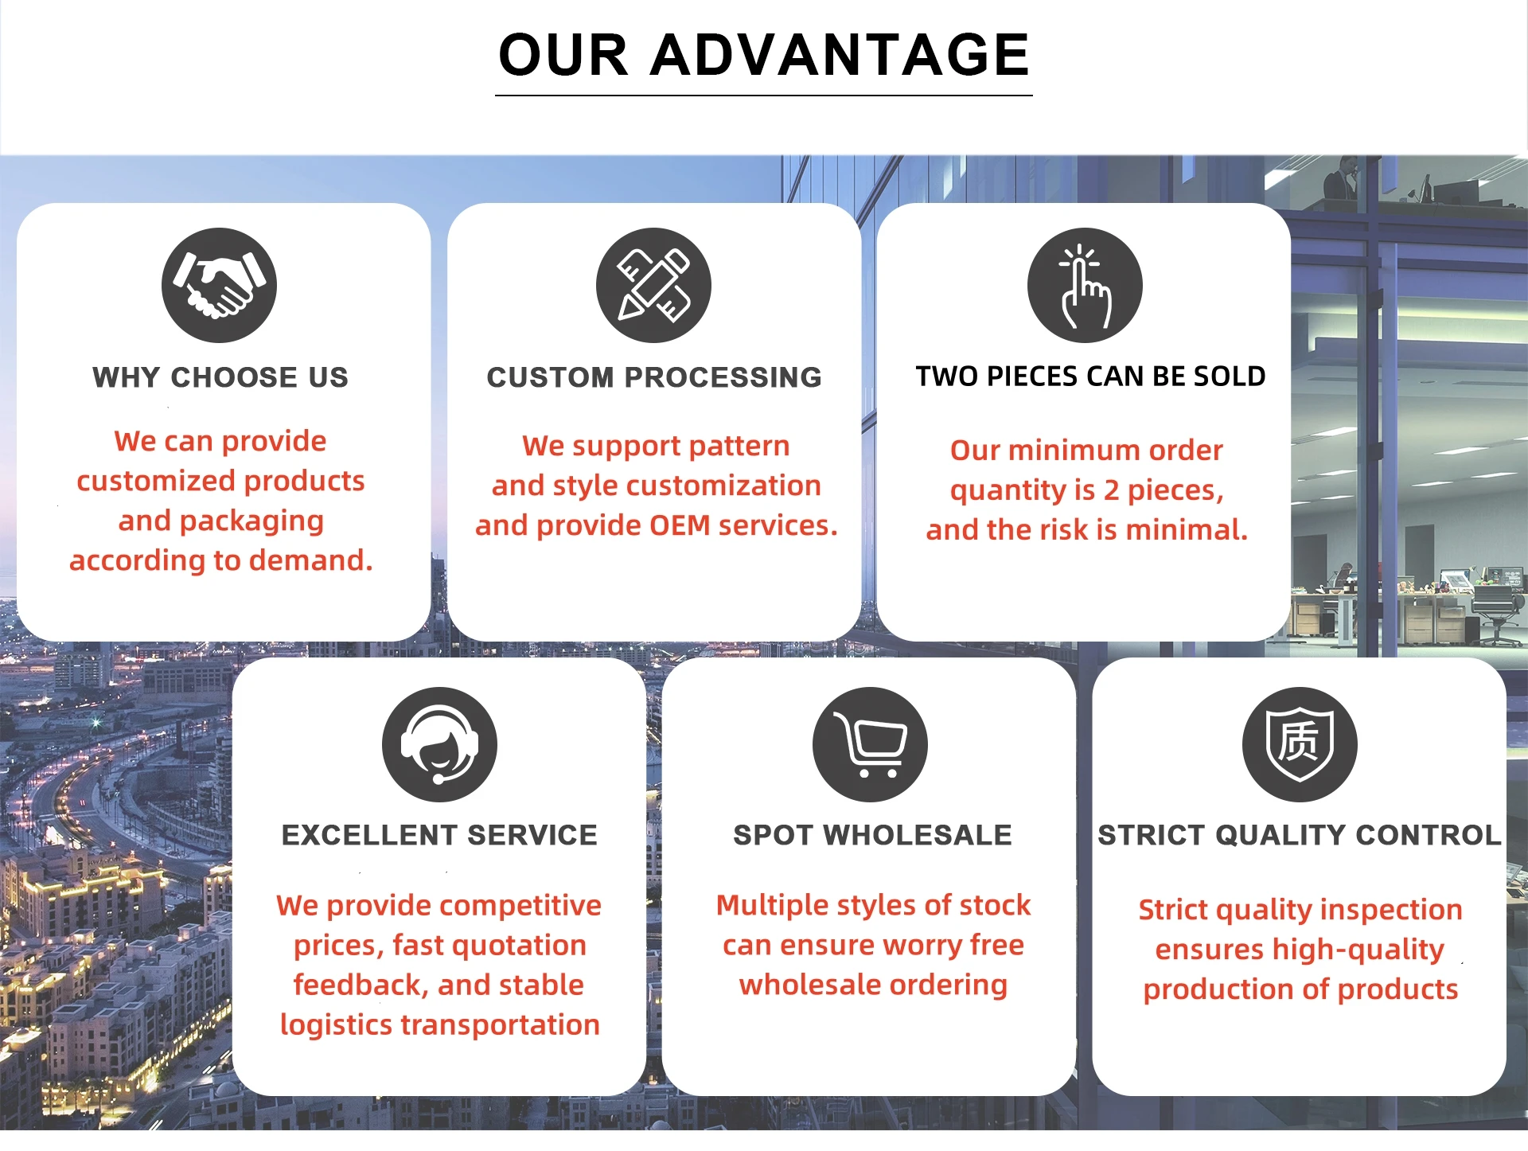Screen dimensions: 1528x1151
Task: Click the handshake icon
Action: point(219,285)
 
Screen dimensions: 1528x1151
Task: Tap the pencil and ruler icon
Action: point(653,285)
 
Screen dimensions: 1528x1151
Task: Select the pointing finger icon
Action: point(1085,285)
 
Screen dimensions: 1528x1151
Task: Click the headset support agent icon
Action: point(439,744)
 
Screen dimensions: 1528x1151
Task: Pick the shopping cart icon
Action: point(870,744)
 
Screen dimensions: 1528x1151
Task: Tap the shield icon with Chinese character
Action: point(1300,744)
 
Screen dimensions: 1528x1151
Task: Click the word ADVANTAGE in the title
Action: point(840,55)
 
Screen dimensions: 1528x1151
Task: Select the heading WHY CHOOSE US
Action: point(220,377)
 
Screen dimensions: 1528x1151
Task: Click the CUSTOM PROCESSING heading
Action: point(654,377)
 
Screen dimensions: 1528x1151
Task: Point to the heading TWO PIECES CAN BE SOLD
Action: point(1090,377)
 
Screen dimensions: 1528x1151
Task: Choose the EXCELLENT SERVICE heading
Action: point(439,835)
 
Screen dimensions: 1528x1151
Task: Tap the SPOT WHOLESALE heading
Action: point(872,835)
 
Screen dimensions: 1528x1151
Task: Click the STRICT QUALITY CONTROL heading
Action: point(1299,835)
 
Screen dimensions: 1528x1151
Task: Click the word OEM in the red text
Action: point(680,525)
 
